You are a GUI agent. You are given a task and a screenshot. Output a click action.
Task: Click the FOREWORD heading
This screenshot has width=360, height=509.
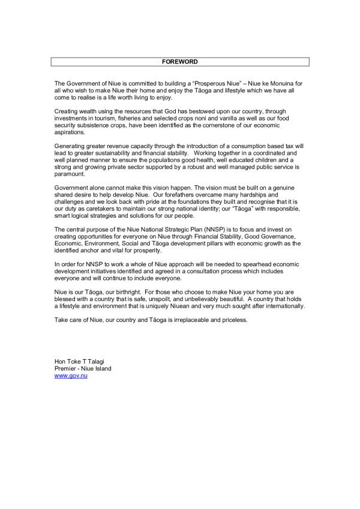tap(179, 62)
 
